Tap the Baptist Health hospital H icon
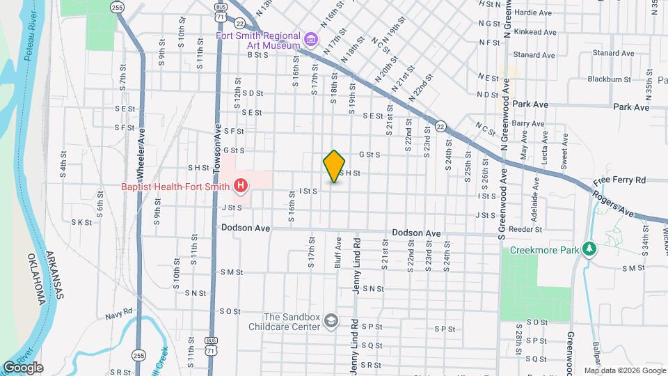point(241,185)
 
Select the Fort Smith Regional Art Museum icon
point(310,37)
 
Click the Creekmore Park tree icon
point(589,249)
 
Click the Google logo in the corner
point(23,368)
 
